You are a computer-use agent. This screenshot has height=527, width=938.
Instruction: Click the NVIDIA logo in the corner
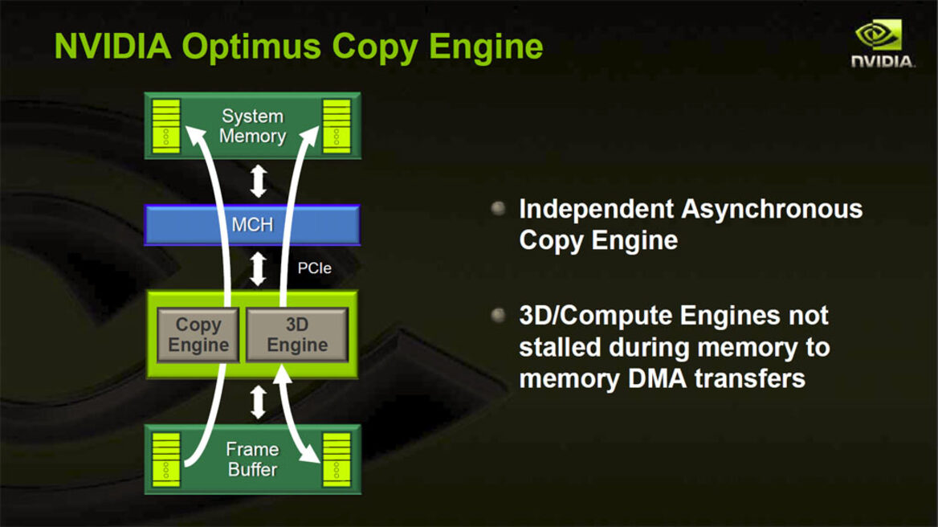coord(881,44)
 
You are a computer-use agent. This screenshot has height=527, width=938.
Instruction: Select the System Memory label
coord(252,126)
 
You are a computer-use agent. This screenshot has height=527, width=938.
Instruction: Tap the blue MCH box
coord(252,225)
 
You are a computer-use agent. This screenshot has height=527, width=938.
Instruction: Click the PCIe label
coord(314,268)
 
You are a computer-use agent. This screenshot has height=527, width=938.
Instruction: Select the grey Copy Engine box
coord(198,335)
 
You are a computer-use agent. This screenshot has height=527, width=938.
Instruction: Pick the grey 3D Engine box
coord(296,335)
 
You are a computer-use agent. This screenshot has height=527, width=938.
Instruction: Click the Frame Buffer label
coord(252,460)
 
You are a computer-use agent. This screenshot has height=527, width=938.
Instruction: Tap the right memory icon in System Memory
coord(336,126)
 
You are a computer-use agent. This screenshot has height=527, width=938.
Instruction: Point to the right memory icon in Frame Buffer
coord(336,460)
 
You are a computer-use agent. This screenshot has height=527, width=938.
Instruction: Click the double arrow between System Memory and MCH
coord(258,181)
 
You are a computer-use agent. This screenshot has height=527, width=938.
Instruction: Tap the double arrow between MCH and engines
coord(258,268)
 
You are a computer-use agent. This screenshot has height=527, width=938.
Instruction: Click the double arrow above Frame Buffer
coord(258,402)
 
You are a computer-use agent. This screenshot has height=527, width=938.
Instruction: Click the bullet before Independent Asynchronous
coord(498,209)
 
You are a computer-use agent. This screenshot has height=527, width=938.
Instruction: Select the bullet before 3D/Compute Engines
coord(498,315)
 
